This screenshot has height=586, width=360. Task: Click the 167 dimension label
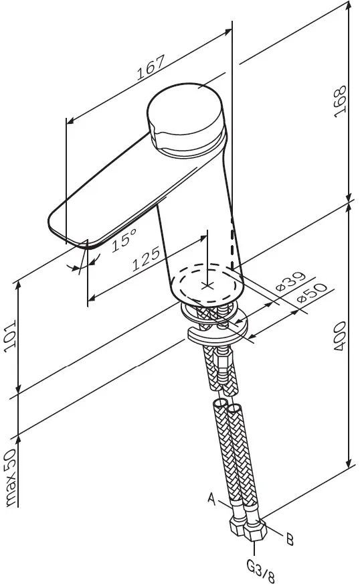coord(150,68)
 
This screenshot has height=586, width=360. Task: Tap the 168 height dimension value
coord(340,102)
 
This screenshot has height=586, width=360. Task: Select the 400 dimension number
coord(339,336)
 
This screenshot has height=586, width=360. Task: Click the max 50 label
coord(11,478)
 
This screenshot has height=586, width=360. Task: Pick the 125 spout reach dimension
coord(147,258)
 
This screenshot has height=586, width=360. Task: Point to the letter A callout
coord(211,498)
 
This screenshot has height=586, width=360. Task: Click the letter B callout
coord(290,540)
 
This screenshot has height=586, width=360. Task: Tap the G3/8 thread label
coord(261,571)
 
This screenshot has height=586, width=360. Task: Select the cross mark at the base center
coord(207,286)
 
